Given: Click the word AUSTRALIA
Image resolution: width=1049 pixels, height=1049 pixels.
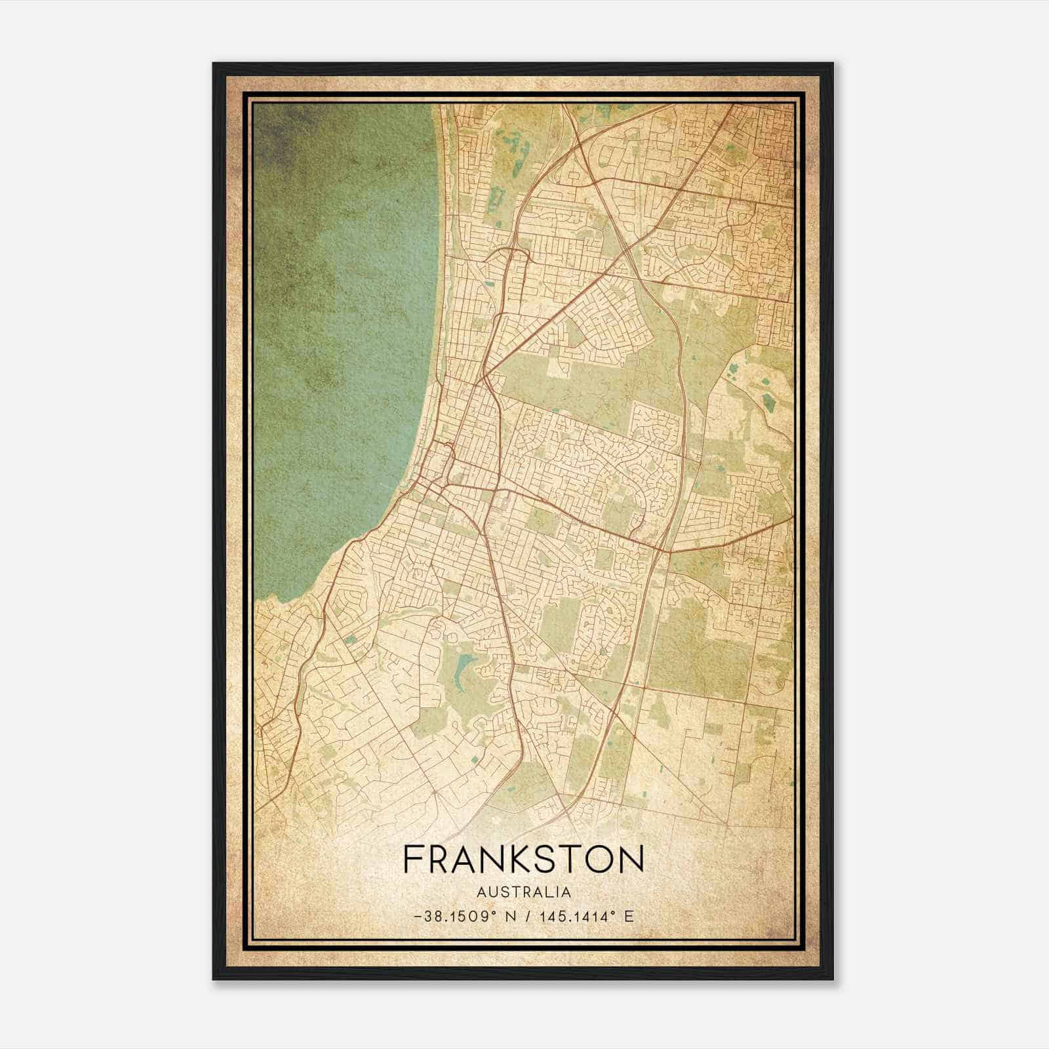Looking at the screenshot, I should point(524,892).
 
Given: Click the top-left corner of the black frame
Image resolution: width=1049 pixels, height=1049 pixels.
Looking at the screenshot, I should point(214,64).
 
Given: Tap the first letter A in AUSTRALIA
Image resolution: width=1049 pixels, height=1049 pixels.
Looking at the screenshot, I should point(482,892).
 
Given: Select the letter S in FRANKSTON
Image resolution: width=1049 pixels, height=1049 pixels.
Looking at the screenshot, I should point(540,860).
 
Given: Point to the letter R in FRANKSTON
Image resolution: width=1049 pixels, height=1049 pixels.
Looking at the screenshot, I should point(439,860).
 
